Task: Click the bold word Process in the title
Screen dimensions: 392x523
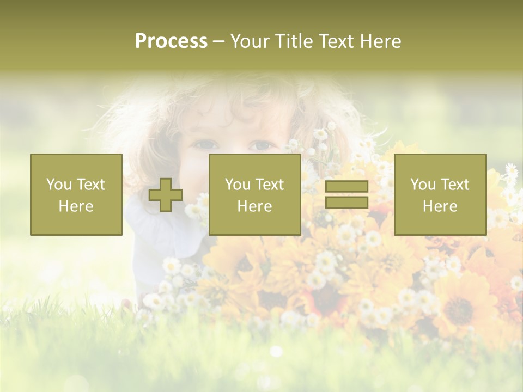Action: pos(171,41)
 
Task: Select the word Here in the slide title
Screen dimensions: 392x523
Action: pos(380,41)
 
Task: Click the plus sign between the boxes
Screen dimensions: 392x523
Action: pos(166,194)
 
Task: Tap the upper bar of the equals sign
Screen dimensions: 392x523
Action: pos(346,186)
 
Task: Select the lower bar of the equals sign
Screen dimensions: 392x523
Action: pos(346,203)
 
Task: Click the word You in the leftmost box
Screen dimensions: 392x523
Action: pos(58,185)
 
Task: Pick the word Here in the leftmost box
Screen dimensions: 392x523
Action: pos(76,206)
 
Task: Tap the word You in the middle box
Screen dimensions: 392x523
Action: pos(237,185)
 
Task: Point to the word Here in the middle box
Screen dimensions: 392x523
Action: pos(254,206)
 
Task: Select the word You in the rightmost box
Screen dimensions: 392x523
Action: pos(422,185)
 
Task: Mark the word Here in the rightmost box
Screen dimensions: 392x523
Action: pos(440,206)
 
